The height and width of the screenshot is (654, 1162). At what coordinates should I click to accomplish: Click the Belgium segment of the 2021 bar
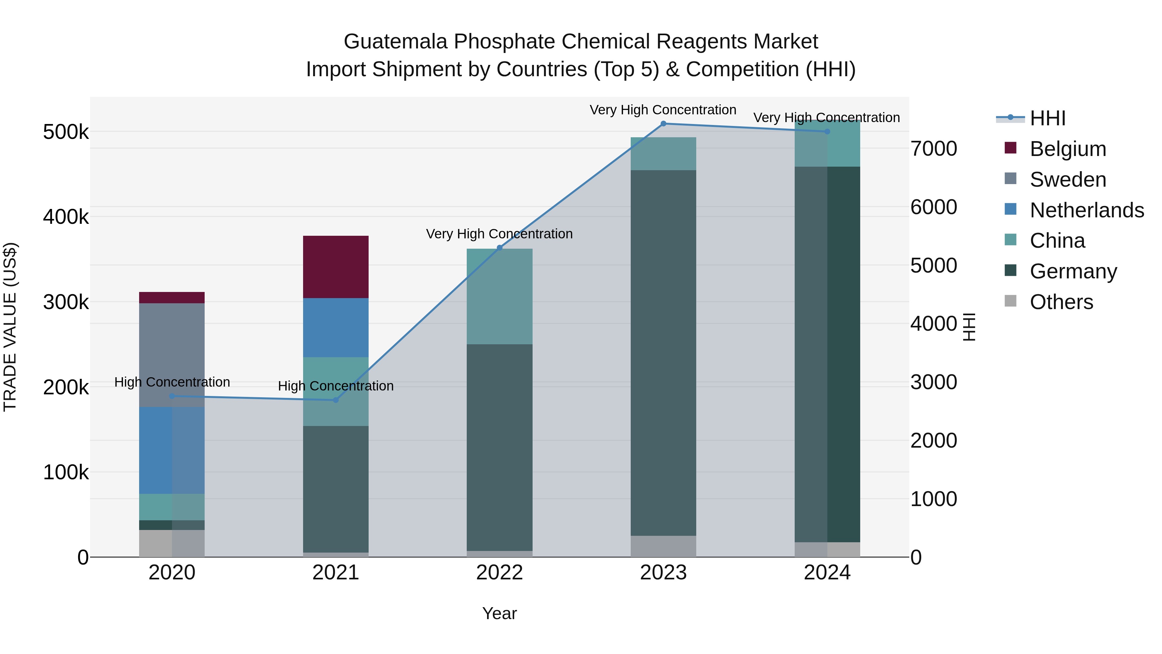[x=336, y=267]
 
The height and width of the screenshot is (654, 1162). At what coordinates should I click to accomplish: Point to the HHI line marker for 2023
[x=663, y=124]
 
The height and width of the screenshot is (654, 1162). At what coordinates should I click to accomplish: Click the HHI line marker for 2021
[x=336, y=400]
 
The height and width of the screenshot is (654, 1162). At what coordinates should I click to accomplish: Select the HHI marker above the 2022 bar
[x=499, y=247]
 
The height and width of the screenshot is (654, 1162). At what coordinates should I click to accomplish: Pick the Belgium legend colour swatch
[x=1010, y=148]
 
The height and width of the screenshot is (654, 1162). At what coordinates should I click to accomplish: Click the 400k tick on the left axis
[x=66, y=217]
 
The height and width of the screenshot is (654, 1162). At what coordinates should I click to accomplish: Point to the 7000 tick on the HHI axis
[x=933, y=149]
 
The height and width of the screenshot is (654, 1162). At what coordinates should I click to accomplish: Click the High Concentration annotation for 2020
[x=172, y=382]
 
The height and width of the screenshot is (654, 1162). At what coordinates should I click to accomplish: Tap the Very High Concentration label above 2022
[x=499, y=234]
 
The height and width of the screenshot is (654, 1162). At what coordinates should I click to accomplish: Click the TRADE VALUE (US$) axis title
[x=10, y=327]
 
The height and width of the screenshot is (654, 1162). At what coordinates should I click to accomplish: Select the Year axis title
[x=499, y=613]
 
